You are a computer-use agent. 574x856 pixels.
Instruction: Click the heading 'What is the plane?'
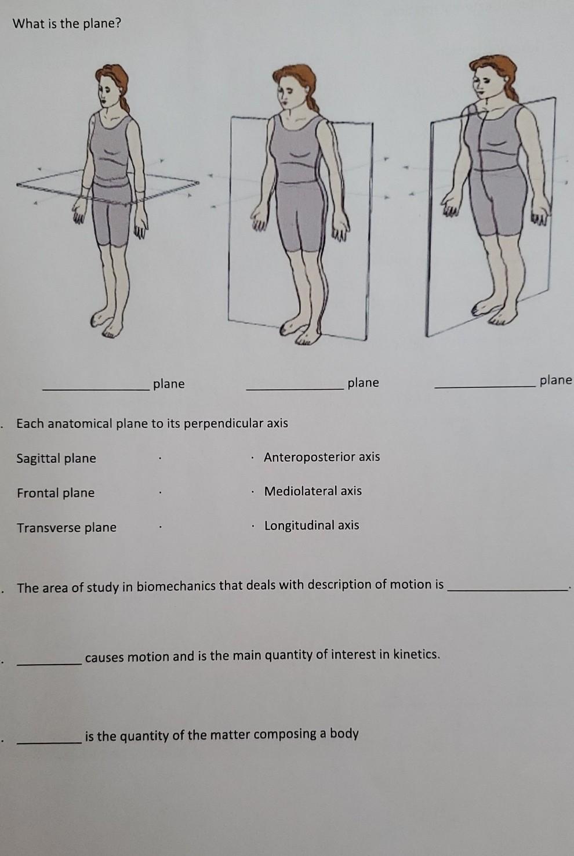[67, 24]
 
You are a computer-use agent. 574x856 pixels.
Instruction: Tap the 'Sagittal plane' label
[56, 458]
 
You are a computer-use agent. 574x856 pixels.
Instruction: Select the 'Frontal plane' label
[56, 492]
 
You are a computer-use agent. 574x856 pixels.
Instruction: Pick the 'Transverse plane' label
[67, 527]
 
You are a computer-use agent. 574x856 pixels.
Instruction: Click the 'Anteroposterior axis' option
[322, 456]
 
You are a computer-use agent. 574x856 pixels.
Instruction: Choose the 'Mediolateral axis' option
[313, 491]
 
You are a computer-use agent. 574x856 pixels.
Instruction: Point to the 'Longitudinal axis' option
[311, 525]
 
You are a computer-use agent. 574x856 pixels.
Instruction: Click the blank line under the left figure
[96, 389]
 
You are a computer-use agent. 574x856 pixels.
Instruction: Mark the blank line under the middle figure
[295, 389]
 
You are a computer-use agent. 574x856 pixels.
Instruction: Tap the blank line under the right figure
[485, 387]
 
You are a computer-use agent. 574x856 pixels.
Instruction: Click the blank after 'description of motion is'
[507, 590]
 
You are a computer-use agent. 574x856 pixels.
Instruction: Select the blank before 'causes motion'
[49, 664]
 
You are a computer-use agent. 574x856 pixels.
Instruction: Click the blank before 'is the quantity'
[49, 742]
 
